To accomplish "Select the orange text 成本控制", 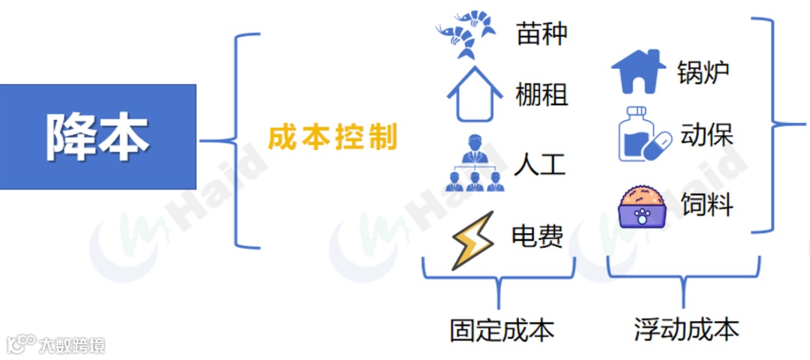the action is [x=332, y=137].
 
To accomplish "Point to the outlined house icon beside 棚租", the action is [x=475, y=94].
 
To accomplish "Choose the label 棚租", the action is [x=541, y=95].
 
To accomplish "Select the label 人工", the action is [x=540, y=164].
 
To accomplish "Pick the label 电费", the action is [x=537, y=236].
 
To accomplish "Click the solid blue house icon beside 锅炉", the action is [x=638, y=71].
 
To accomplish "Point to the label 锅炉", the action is [x=703, y=73].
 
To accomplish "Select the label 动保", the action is [x=706, y=136].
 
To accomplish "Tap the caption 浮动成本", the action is [x=685, y=329].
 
